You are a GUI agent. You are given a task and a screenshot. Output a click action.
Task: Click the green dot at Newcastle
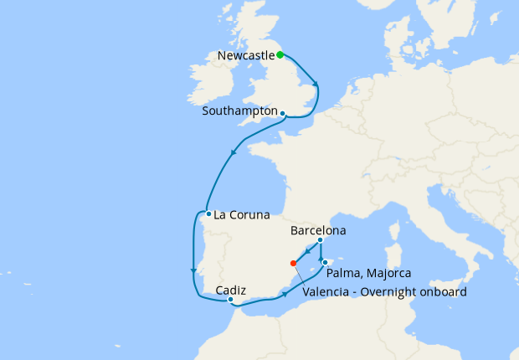point(280,55)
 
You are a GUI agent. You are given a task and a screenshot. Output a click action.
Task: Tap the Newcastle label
point(245,56)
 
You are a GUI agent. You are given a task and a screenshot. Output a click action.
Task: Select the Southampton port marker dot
point(283,114)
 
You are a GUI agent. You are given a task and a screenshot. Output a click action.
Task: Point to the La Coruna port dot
point(208,213)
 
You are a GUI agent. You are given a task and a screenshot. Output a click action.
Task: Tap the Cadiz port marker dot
point(230,299)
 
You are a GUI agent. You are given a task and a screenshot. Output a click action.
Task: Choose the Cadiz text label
point(230,290)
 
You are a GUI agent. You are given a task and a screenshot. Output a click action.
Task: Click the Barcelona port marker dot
point(321,241)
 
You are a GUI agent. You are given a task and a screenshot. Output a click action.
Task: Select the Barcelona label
point(318,230)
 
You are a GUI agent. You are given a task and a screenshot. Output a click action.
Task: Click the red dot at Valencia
point(292,263)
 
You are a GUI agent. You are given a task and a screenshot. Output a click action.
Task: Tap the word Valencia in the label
point(329,292)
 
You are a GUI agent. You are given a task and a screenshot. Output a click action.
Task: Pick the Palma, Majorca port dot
point(325,262)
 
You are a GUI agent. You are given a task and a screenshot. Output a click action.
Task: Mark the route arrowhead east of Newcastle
point(316,83)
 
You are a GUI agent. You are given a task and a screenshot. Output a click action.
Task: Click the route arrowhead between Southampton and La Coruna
point(234,152)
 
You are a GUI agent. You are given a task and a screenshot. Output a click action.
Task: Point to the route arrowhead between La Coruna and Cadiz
point(193,270)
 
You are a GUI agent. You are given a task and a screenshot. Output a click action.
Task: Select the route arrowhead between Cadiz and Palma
point(286,294)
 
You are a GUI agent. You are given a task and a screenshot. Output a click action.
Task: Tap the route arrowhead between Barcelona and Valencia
point(307,253)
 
